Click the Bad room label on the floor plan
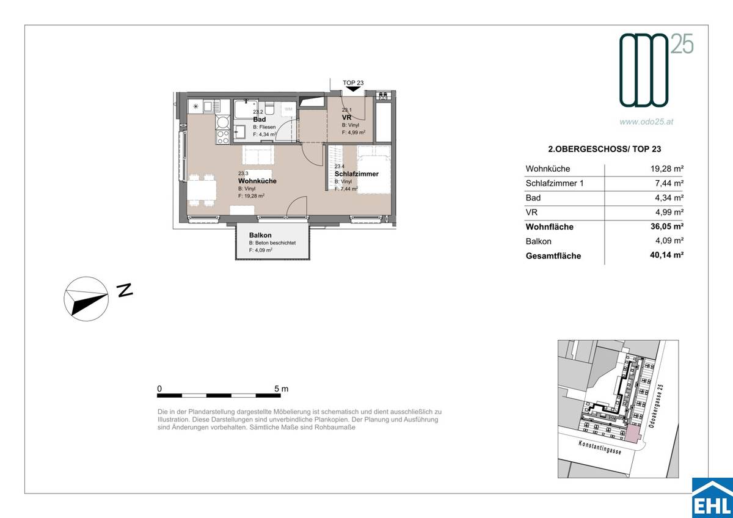tap(260, 120)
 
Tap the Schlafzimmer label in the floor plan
tap(356, 174)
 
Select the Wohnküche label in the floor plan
tap(257, 181)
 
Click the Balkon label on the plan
tap(260, 235)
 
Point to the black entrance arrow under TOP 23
tap(352, 89)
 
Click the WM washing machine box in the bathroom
tap(288, 109)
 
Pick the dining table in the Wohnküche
tap(202, 191)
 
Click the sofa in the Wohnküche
tap(259, 155)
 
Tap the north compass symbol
tap(87, 297)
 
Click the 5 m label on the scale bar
tap(281, 388)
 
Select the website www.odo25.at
tap(646, 122)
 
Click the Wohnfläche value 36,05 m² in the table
tap(666, 227)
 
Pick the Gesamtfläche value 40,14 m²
tap(666, 256)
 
